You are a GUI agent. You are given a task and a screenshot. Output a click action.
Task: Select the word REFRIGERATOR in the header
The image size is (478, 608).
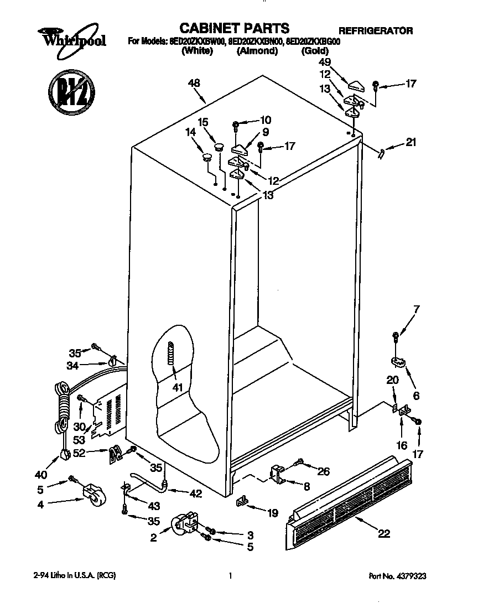point(375,30)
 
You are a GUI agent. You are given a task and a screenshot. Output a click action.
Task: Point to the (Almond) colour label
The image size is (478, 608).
point(257,51)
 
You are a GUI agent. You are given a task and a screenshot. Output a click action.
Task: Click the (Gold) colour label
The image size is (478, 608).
point(315,51)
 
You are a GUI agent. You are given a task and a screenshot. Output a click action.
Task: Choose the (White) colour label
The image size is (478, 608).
point(197,51)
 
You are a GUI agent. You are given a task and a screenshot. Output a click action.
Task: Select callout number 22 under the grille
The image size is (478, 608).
point(384,533)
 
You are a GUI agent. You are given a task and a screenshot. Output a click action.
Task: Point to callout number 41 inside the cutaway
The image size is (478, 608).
point(177,387)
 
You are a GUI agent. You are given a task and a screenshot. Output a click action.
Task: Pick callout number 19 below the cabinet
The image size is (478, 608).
point(272,513)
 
